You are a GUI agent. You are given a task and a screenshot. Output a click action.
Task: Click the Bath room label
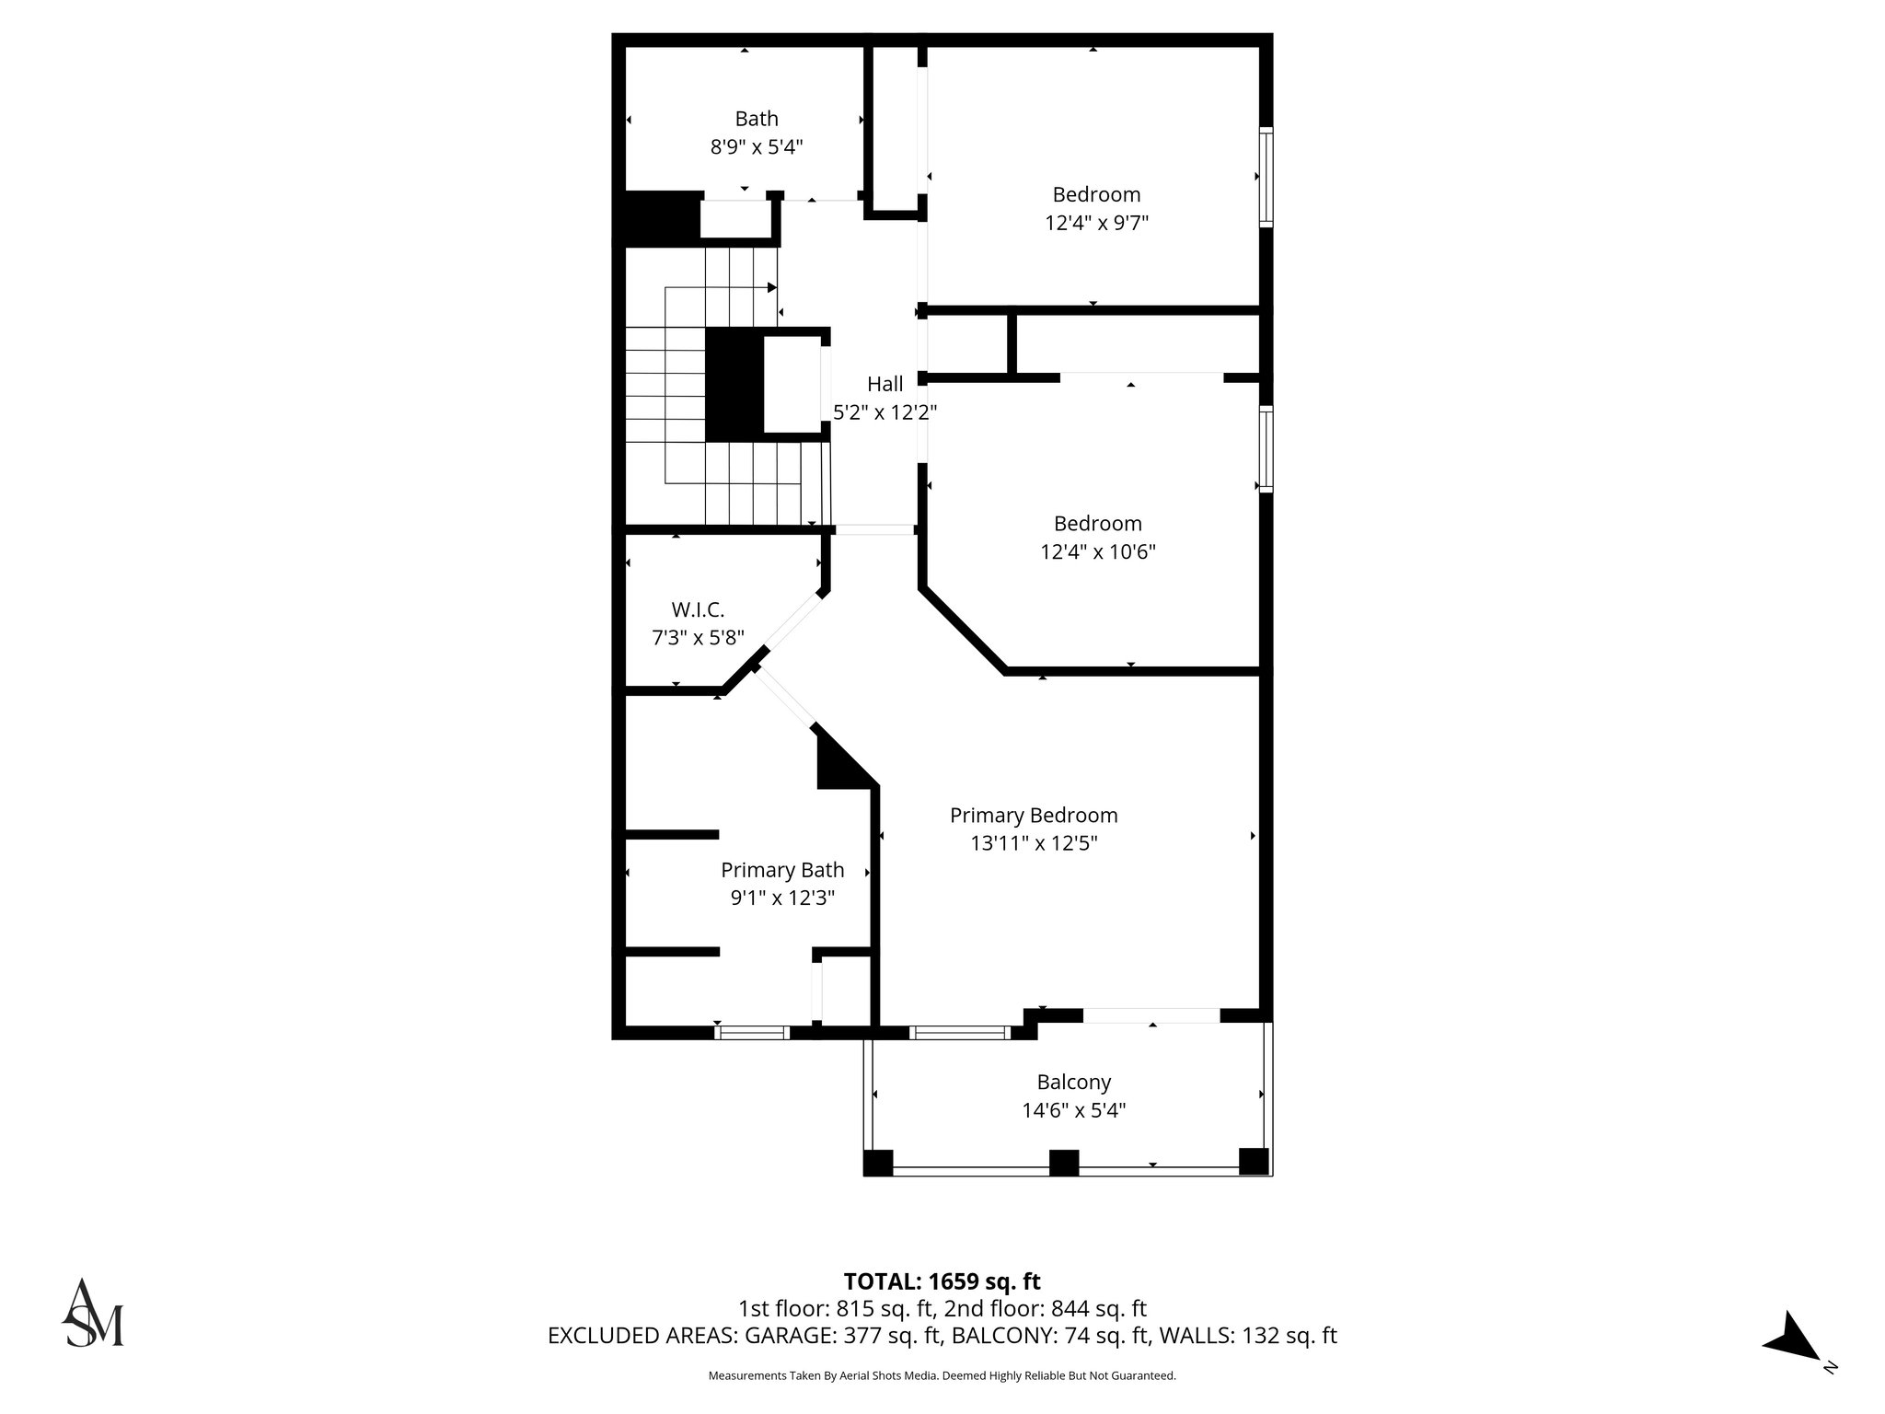pyautogui.click(x=756, y=119)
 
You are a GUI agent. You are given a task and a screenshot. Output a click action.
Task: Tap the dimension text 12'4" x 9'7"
pyautogui.click(x=1096, y=223)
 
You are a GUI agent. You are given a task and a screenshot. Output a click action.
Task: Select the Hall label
pyautogui.click(x=885, y=384)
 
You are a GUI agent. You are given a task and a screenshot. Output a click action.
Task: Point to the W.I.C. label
pyautogui.click(x=698, y=609)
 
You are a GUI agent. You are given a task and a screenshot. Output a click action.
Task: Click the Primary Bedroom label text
pyautogui.click(x=1034, y=815)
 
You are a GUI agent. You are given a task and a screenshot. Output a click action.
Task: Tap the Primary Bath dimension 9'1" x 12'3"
pyautogui.click(x=782, y=898)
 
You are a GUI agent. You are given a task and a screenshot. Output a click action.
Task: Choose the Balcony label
pyautogui.click(x=1073, y=1082)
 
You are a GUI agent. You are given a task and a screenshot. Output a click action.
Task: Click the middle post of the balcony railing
pyautogui.click(x=1063, y=1163)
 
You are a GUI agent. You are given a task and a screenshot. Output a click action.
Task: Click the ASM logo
pyautogui.click(x=92, y=1313)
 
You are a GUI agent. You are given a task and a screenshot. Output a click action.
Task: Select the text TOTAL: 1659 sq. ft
pyautogui.click(x=942, y=1281)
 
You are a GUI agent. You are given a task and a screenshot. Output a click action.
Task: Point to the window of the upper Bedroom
pyautogui.click(x=1266, y=177)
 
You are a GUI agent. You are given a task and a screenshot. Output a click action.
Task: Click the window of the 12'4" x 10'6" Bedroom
pyautogui.click(x=1266, y=448)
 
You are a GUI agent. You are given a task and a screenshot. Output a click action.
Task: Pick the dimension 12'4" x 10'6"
pyautogui.click(x=1097, y=552)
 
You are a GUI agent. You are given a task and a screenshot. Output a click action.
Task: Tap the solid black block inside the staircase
pyautogui.click(x=734, y=385)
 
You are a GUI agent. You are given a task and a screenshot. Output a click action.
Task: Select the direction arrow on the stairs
pyautogui.click(x=771, y=288)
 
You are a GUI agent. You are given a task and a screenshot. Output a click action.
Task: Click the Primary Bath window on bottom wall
pyautogui.click(x=752, y=1033)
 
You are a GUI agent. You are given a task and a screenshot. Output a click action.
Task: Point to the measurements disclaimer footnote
pyautogui.click(x=942, y=1375)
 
